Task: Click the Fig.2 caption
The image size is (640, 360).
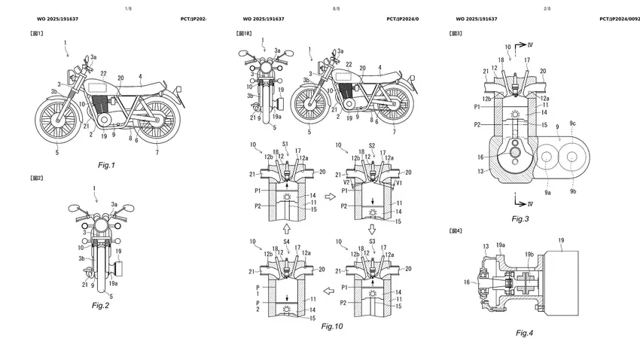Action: tap(101, 305)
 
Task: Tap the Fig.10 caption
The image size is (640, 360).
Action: tap(331, 326)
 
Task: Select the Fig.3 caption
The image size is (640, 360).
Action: tap(520, 218)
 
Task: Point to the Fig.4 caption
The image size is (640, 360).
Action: tap(526, 332)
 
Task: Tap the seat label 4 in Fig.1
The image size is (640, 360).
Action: tap(140, 76)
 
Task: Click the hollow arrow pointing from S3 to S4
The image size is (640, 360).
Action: tap(330, 290)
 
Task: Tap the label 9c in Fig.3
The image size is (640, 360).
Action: tap(573, 123)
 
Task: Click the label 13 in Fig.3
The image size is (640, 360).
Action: tap(480, 172)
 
